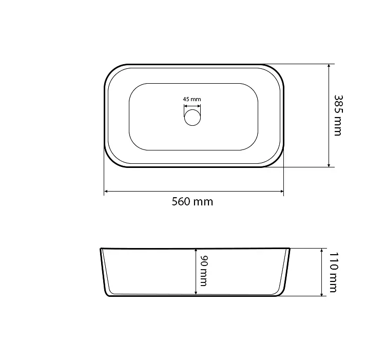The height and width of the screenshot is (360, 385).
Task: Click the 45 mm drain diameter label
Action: click(x=192, y=99)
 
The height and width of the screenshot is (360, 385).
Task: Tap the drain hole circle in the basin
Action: click(x=192, y=118)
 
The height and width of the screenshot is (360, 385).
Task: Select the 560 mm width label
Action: click(x=192, y=202)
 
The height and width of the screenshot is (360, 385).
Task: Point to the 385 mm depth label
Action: click(x=338, y=116)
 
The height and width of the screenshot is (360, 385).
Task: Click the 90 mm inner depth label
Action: click(x=204, y=271)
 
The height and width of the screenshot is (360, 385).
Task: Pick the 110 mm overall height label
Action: click(x=333, y=272)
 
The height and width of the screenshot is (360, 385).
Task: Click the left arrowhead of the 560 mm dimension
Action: click(x=106, y=191)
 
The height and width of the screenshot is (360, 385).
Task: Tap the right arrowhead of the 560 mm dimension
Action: click(x=282, y=191)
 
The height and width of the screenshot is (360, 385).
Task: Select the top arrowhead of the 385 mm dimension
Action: click(x=329, y=66)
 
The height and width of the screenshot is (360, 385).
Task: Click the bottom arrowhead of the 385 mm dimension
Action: click(x=329, y=165)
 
